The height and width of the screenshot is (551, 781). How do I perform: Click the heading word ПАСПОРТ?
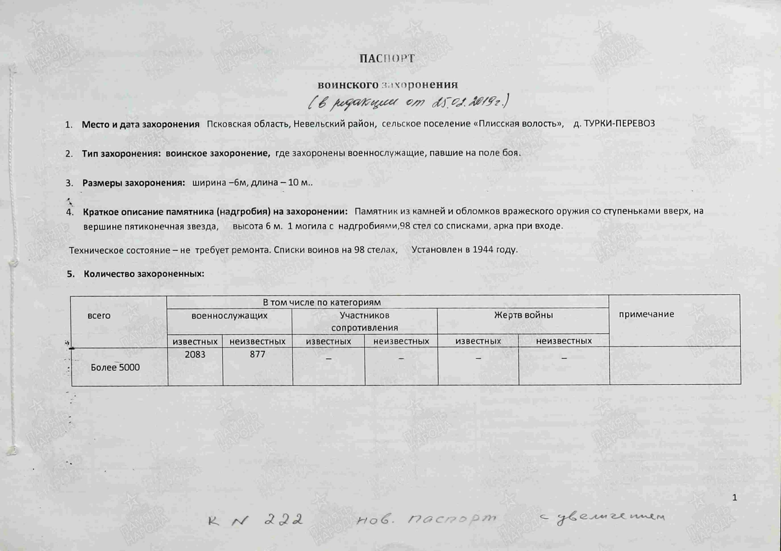tap(387, 59)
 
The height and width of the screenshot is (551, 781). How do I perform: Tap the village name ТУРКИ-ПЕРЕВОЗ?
tap(614, 124)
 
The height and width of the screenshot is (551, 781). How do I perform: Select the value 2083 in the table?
tap(195, 355)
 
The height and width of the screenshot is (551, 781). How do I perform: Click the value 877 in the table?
tap(257, 355)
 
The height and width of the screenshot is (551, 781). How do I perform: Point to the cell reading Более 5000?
tap(115, 367)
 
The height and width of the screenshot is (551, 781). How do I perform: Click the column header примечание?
tap(646, 314)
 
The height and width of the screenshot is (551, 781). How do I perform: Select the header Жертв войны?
tap(523, 315)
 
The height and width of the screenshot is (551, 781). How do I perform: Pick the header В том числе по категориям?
tap(322, 302)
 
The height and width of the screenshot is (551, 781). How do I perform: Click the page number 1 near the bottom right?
tap(734, 498)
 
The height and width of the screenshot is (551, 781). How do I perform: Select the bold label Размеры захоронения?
tap(133, 183)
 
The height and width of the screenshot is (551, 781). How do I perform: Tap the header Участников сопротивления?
tap(364, 322)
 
